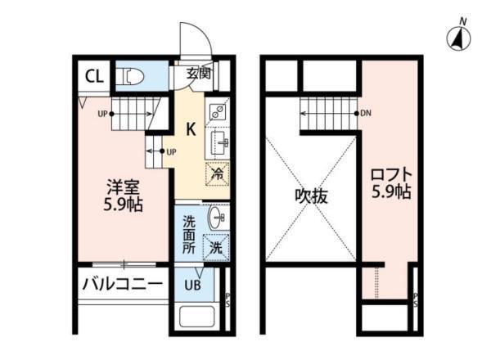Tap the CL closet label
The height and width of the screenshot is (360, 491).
tap(94, 77)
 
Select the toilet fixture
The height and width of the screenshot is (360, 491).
tap(133, 77)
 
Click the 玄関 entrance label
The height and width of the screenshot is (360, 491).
tap(198, 73)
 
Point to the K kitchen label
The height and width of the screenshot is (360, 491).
tap(189, 128)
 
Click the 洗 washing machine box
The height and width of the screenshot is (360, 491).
tap(217, 246)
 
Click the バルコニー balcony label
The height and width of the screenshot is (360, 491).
tap(120, 285)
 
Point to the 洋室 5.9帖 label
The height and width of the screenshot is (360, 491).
tap(123, 194)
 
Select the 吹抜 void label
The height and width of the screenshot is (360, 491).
tap(311, 196)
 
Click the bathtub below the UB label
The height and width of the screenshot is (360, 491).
tap(196, 318)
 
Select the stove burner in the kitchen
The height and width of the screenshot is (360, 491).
tap(218, 114)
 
